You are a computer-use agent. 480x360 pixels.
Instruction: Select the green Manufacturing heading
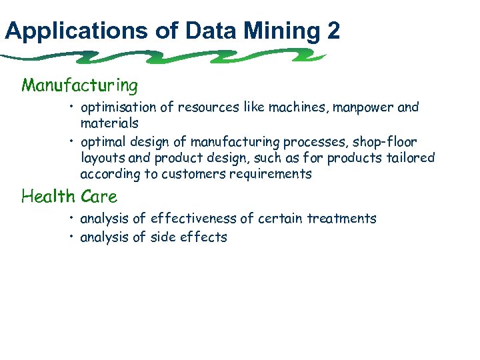coord(80,85)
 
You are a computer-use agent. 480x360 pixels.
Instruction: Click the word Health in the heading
coord(49,197)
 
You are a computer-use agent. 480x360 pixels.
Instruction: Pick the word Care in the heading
coord(99,197)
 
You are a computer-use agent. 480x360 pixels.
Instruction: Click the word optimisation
coord(117,107)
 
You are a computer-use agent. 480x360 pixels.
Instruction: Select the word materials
coord(109,123)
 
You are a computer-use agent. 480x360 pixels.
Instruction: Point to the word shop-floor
coord(387,142)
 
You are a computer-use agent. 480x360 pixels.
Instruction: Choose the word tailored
coord(410,158)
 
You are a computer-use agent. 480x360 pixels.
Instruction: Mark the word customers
coord(182,174)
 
